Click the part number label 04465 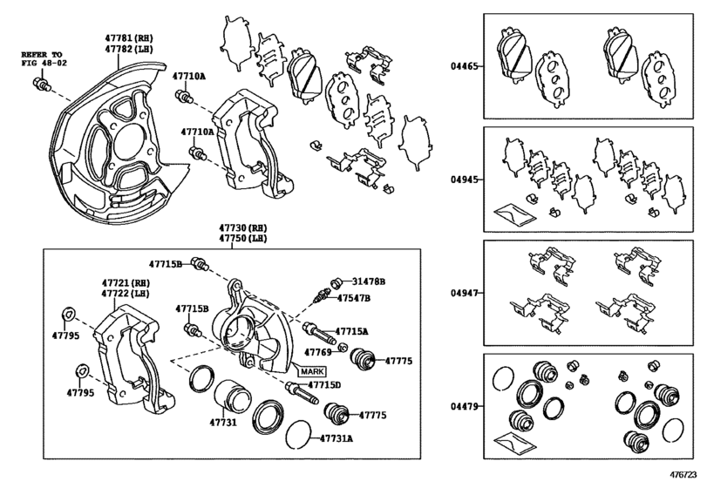pos(463,65)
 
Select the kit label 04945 pos(463,180)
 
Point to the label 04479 pos(463,406)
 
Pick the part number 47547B pos(354,298)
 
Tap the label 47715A pos(352,332)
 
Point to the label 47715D pos(323,385)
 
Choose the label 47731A pos(336,438)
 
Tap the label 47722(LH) pos(126,295)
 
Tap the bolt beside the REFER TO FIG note pos(40,85)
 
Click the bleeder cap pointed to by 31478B pos(332,281)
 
